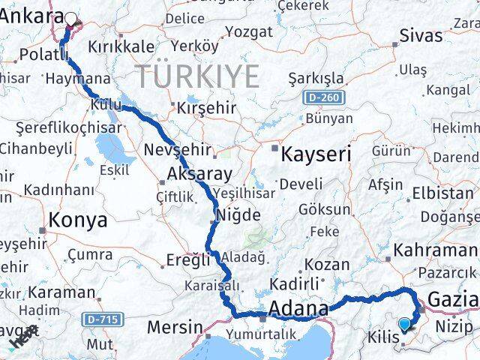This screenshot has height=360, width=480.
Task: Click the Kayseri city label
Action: pos(316,155)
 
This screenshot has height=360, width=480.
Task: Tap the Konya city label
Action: pos(78,220)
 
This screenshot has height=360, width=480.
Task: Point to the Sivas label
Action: pos(421,35)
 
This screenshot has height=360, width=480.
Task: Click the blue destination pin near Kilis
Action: pos(405,324)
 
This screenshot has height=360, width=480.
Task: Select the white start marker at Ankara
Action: pos(71,19)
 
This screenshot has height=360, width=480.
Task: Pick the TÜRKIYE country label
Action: pos(197,76)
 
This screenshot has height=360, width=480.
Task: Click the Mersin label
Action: pos(175,327)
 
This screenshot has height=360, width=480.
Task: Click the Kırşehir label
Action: pos(206,107)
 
